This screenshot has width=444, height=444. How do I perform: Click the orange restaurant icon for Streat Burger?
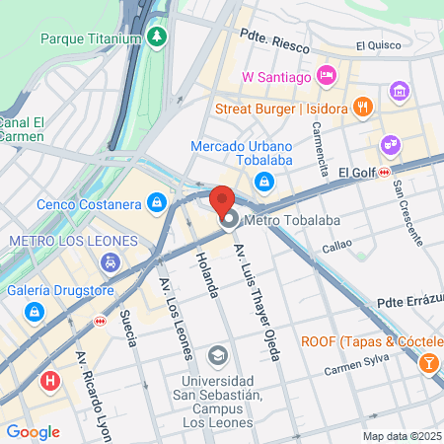363,107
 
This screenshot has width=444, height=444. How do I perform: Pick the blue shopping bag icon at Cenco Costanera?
156,204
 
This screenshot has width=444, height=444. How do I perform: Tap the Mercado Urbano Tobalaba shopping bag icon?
263,181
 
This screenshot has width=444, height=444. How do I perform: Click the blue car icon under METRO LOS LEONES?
111,262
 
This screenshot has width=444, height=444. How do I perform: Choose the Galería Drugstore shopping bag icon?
36,312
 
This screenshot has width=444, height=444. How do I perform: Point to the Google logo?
33,431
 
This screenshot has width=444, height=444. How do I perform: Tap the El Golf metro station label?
359,173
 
